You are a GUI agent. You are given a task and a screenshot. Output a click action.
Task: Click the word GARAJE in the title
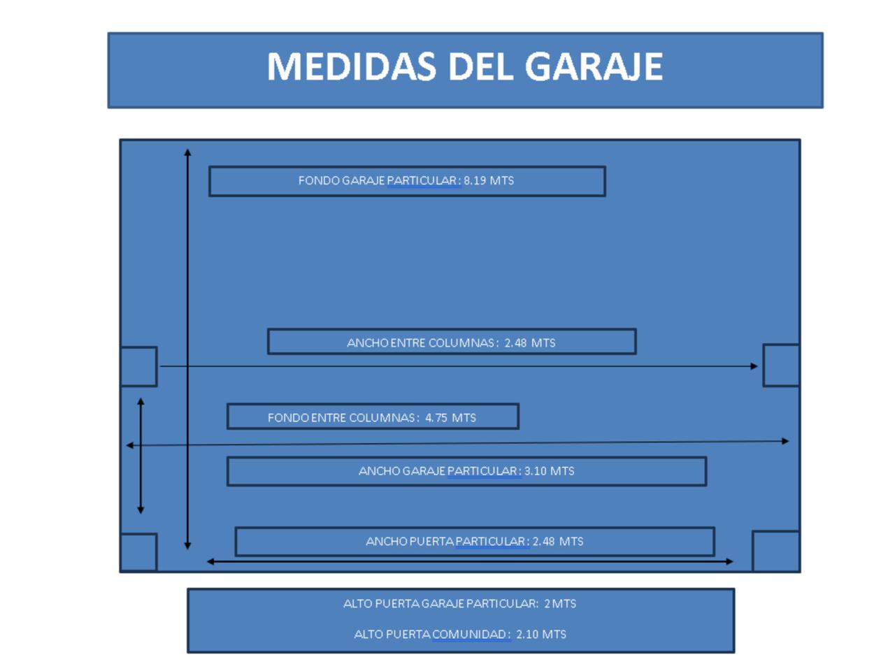coord(594,66)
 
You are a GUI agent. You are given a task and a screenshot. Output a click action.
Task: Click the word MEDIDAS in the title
coord(352,66)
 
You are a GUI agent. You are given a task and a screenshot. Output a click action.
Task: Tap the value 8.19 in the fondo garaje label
coord(475,180)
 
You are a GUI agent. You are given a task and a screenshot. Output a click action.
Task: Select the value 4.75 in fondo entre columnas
coord(436,417)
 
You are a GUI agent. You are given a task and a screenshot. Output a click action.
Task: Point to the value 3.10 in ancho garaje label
coord(535,471)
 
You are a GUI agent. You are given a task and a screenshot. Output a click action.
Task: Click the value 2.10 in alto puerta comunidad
coord(527,635)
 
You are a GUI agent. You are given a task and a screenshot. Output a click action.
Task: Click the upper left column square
coord(138,366)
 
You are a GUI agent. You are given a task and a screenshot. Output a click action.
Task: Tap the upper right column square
coord(781,365)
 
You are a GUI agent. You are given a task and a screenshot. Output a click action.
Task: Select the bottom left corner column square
coord(138,552)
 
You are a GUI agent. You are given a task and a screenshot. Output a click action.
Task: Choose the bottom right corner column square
coord(776,551)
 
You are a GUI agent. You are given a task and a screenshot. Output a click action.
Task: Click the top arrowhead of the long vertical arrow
coord(187,152)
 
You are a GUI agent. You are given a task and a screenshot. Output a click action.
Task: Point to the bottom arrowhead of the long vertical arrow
coord(187,546)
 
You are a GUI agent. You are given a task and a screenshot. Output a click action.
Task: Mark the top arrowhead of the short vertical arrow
coord(141,402)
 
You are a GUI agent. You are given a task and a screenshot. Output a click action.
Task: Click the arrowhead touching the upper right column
coord(754,366)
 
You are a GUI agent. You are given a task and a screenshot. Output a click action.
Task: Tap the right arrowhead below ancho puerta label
coord(730,562)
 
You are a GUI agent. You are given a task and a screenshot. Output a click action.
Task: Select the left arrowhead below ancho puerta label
coord(210,562)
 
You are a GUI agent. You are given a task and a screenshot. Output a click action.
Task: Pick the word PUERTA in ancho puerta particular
coord(431,542)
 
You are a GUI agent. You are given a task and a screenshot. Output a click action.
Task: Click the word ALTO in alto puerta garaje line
coord(357,604)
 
